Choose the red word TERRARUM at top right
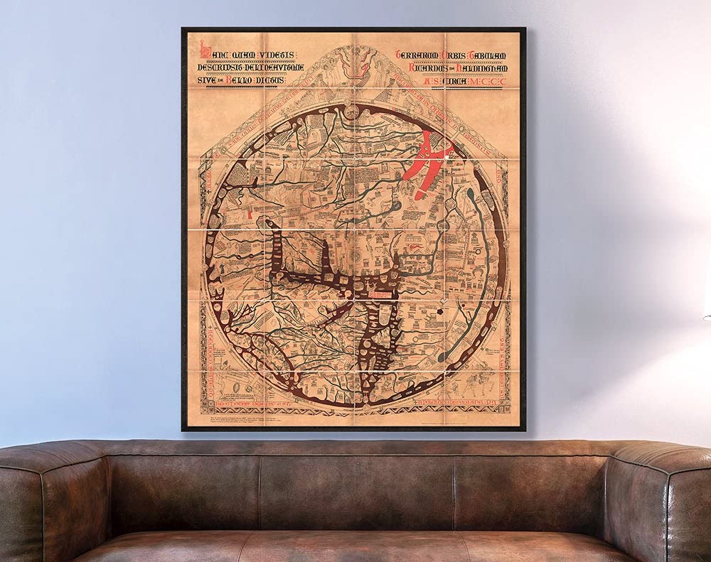click(420, 55)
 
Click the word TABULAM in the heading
click(495, 55)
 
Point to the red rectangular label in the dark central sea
click(375, 291)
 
